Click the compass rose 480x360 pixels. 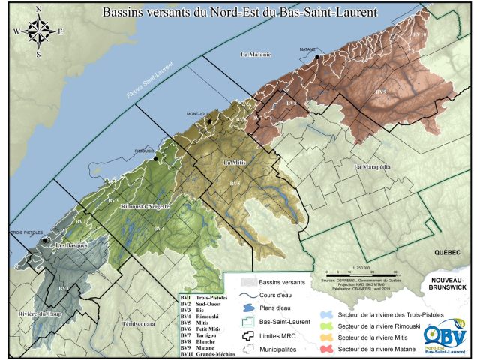click(x=35, y=32)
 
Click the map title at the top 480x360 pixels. click(x=239, y=13)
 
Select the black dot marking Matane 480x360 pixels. click(x=318, y=57)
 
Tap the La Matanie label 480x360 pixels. click(x=253, y=55)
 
